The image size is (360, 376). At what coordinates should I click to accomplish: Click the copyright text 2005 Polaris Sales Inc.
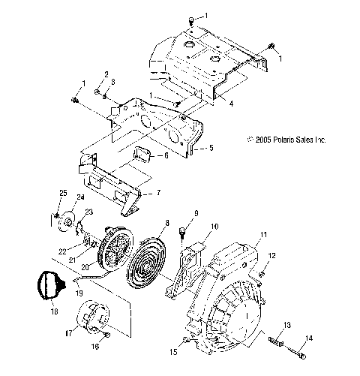tap(287, 139)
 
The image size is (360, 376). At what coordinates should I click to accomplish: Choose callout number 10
tap(214, 226)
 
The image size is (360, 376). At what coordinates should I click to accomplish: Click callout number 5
tap(211, 148)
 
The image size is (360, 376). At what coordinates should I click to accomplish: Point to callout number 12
tap(271, 256)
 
